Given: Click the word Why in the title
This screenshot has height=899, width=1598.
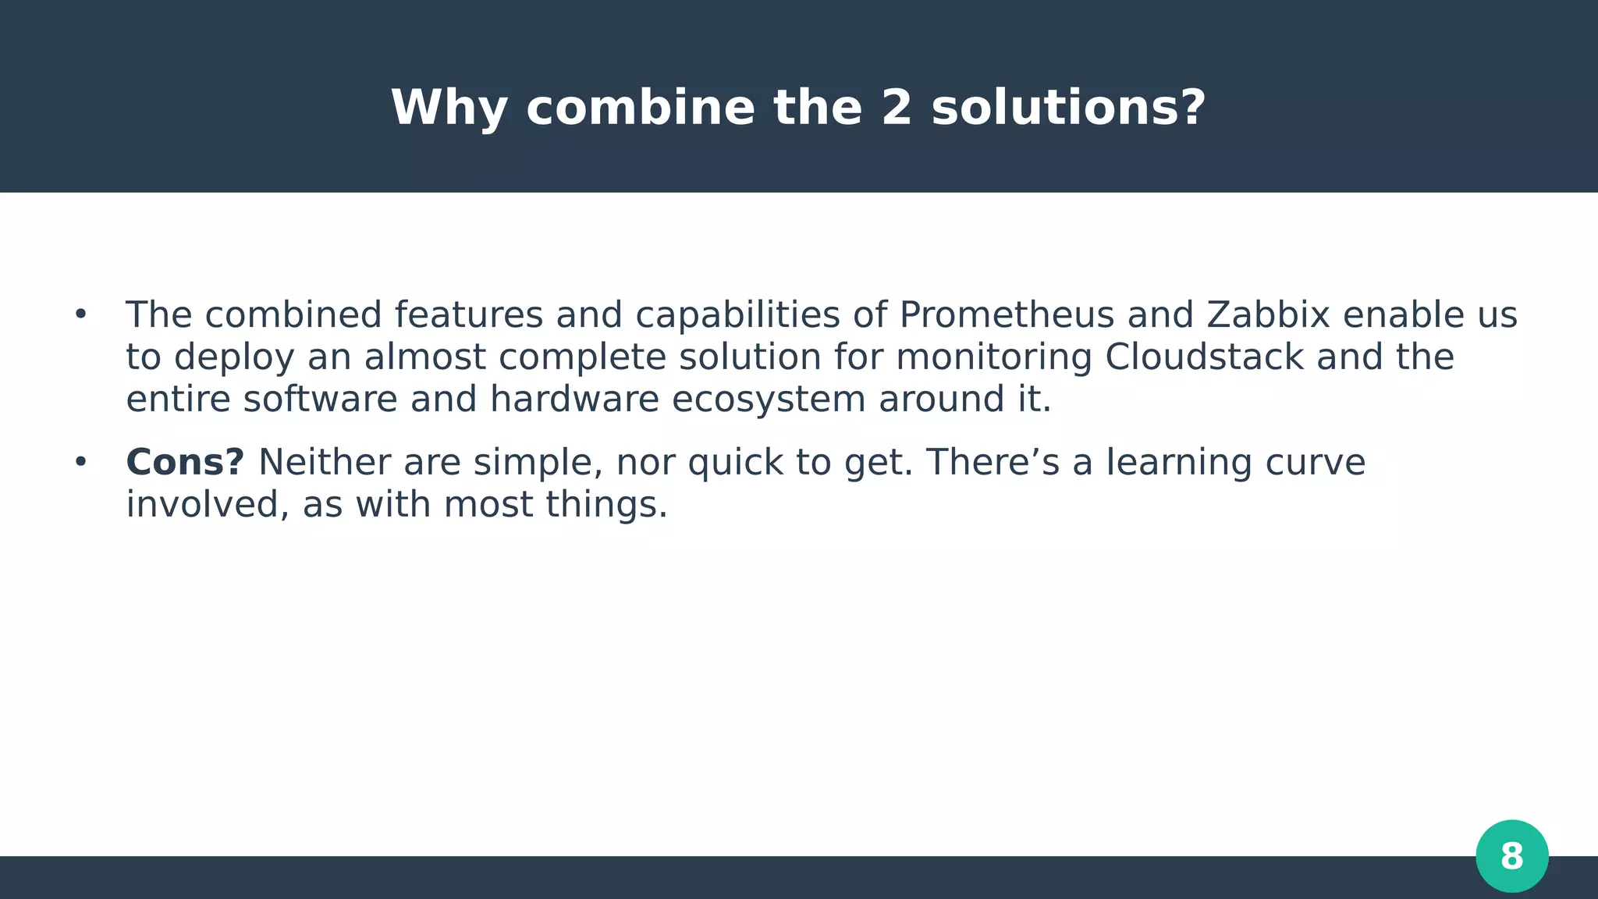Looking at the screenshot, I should tap(449, 108).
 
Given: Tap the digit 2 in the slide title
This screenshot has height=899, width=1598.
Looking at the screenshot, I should tap(897, 108).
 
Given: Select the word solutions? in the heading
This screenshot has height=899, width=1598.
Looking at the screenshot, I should tap(1068, 108).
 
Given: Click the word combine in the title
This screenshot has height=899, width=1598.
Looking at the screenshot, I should tap(640, 108).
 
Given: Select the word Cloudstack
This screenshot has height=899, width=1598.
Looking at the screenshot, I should tap(1204, 357).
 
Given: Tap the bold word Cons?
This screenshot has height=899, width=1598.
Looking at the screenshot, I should tap(185, 463).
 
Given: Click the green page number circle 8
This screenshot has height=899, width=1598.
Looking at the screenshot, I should tap(1511, 856).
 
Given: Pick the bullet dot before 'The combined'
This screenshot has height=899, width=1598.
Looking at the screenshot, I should tap(80, 315).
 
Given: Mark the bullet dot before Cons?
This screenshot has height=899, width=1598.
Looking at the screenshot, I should tap(80, 463).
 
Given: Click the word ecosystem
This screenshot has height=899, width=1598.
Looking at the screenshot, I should tap(769, 400).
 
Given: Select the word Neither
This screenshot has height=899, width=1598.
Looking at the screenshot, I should tap(325, 463).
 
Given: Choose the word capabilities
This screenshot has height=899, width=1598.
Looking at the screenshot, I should tap(737, 315).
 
